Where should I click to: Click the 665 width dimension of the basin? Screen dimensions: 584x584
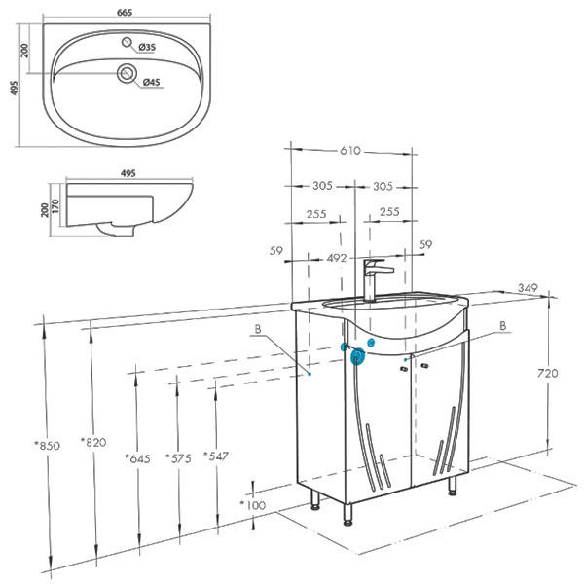[125, 13]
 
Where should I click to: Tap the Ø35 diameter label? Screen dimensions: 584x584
[147, 48]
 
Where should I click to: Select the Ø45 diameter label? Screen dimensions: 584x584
[152, 82]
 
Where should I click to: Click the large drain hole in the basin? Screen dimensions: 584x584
[127, 73]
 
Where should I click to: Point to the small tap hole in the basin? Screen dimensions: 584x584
[127, 42]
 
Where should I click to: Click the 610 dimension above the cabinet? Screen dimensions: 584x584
[350, 151]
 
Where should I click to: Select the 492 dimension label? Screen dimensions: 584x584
[337, 258]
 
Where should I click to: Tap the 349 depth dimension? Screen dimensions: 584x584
[528, 288]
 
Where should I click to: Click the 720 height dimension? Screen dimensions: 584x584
[547, 373]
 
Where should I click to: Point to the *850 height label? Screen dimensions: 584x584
[48, 445]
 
